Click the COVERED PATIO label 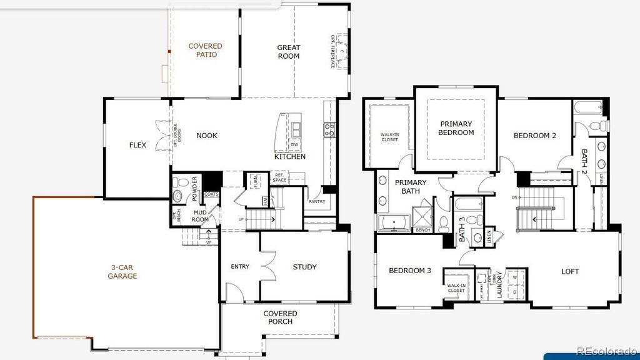[205, 51]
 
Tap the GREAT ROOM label [289, 52]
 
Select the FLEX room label [137, 146]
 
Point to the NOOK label [207, 136]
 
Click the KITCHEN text [290, 157]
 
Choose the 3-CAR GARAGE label [122, 271]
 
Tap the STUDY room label [304, 267]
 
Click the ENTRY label [240, 267]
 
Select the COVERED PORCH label [280, 317]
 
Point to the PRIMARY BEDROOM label [456, 128]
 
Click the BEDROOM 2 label [535, 136]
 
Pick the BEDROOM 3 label [410, 271]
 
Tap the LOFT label [569, 272]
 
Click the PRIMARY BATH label [411, 187]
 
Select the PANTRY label [317, 202]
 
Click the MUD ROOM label [200, 216]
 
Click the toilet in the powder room [179, 182]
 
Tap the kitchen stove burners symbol [329, 129]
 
